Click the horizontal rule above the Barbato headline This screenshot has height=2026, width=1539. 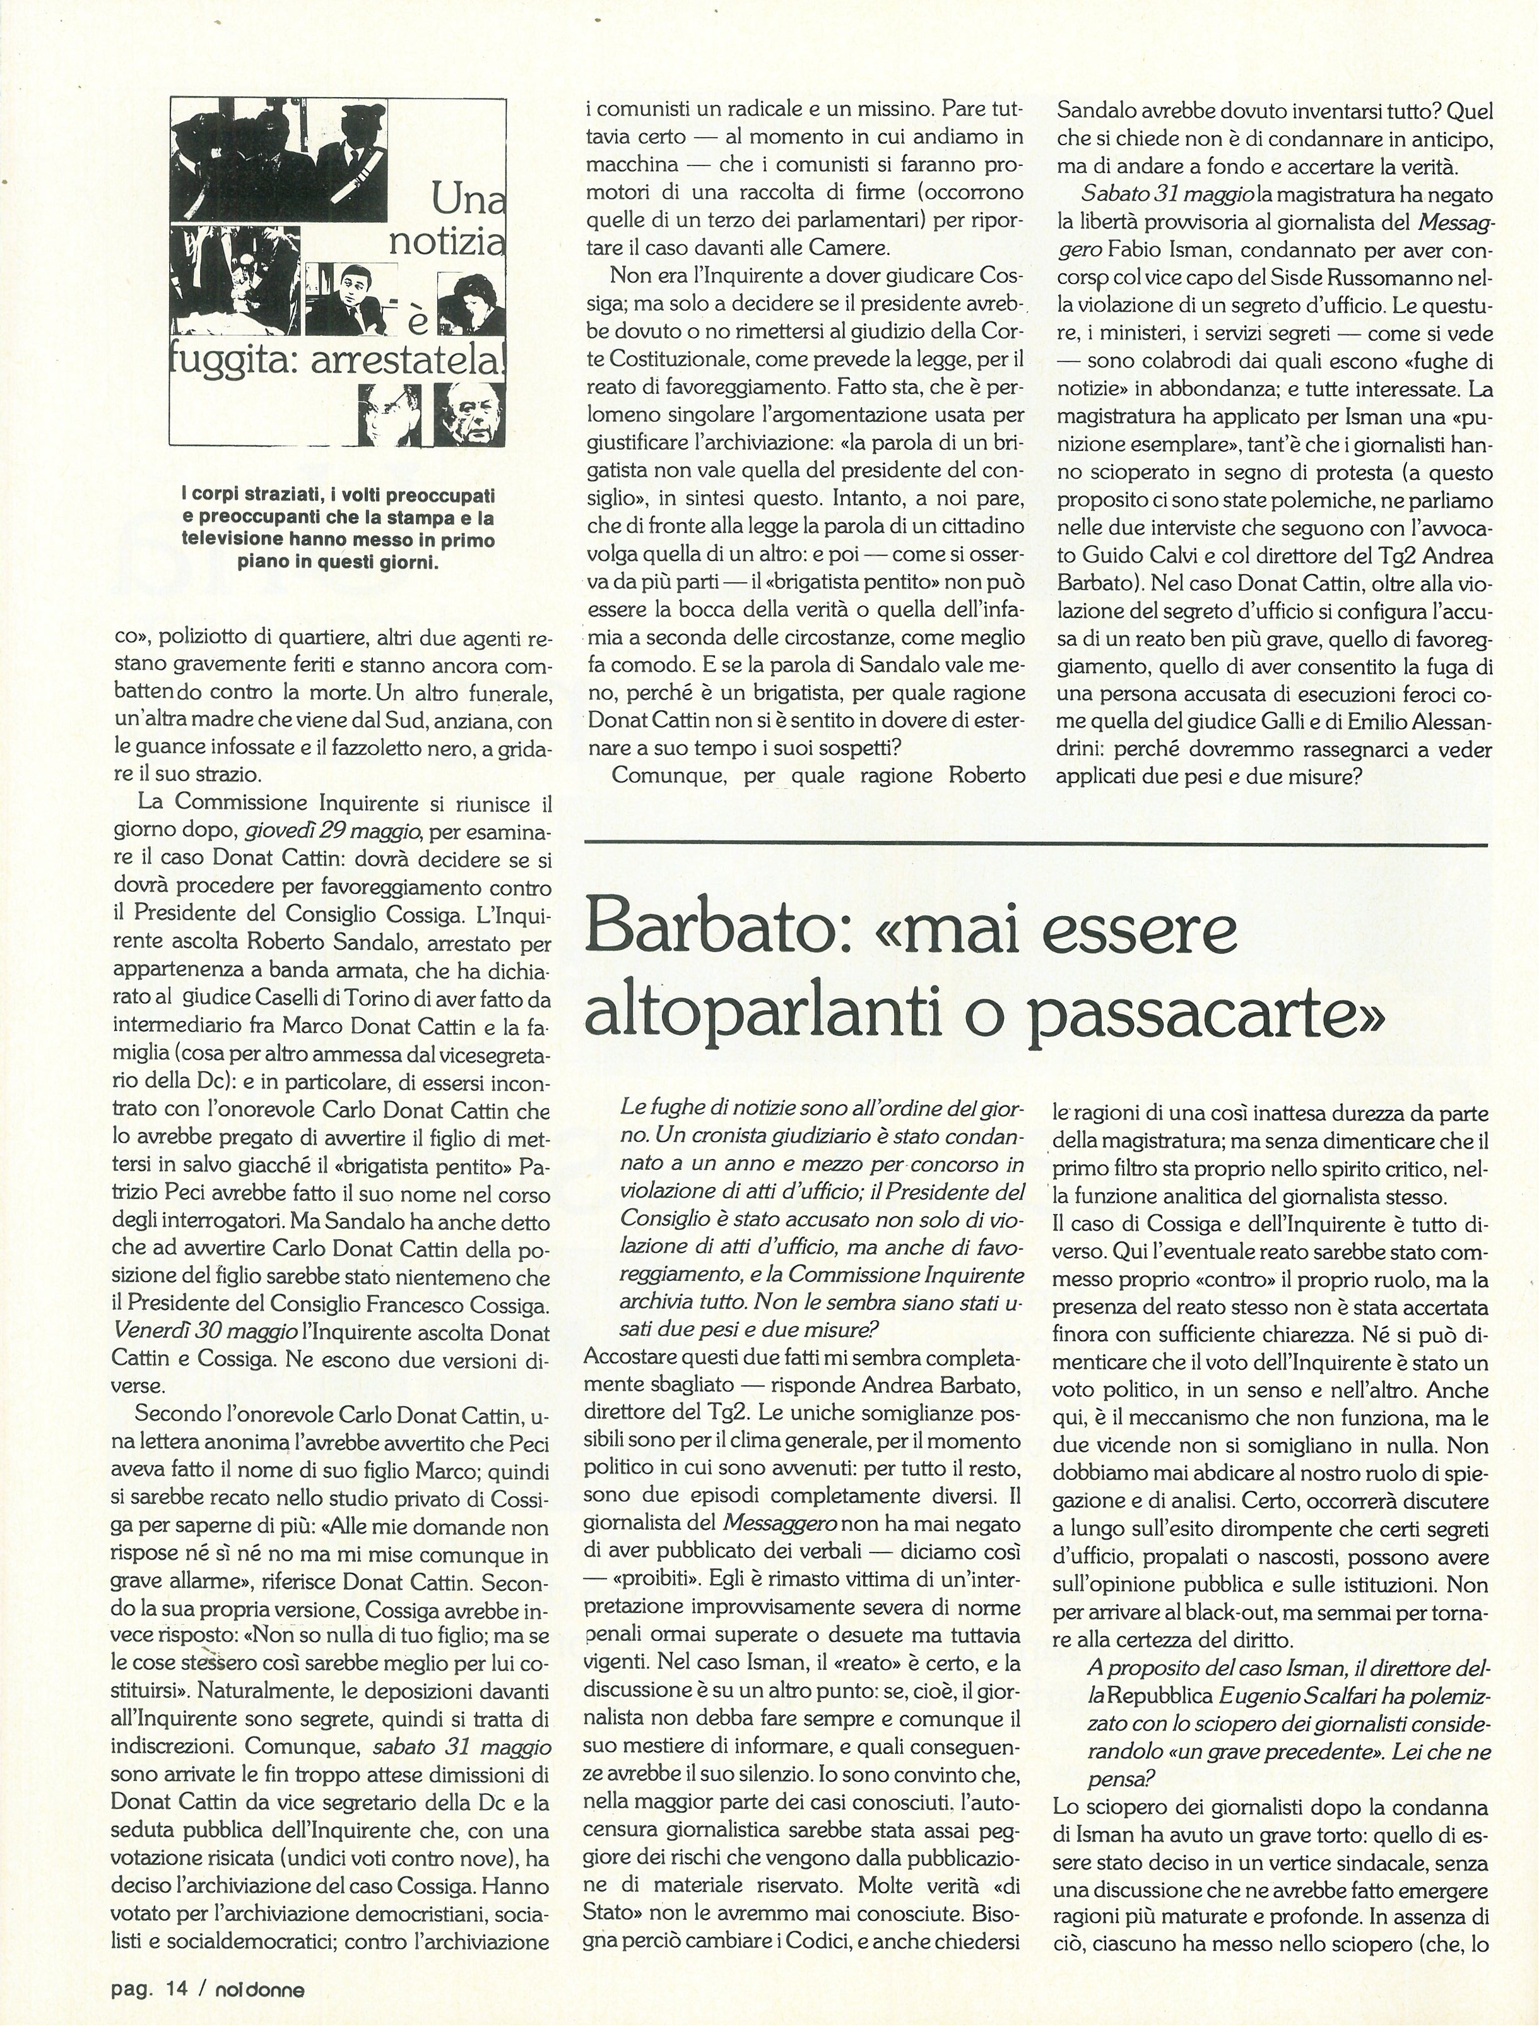click(x=1035, y=844)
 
